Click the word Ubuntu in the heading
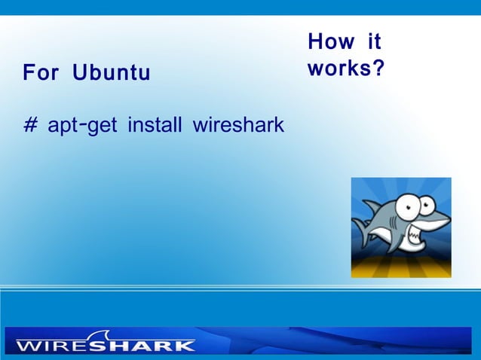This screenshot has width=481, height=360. coord(112,74)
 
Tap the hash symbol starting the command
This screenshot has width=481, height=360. coord(30,124)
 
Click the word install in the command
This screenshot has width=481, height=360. coord(155,124)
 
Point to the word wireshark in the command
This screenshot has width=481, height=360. coord(238,124)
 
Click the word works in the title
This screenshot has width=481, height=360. coord(336,69)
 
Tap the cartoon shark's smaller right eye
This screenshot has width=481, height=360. coord(427,203)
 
